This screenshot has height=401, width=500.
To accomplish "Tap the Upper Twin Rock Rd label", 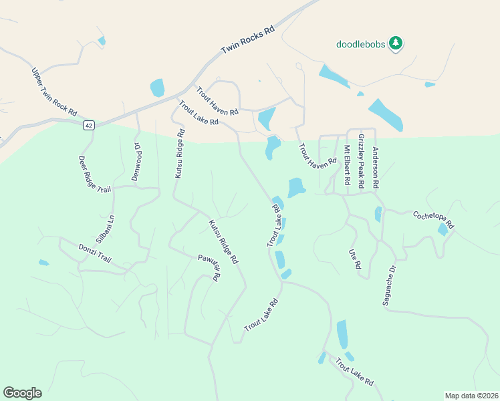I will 54,92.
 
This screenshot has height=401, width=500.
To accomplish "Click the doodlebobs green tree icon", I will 396,43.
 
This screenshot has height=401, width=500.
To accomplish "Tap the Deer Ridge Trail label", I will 94,174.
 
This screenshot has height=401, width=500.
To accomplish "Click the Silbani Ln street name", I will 106,228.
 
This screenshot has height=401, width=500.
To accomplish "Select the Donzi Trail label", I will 94,253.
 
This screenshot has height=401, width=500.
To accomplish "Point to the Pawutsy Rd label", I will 209,269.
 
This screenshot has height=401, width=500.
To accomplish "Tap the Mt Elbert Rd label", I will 347,166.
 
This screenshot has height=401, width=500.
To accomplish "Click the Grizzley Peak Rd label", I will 361,160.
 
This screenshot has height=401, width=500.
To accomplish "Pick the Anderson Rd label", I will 376,167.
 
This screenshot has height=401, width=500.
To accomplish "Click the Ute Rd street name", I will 354,259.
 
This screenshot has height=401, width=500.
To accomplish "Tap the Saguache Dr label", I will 390,285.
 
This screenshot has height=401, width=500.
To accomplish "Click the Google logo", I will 22,393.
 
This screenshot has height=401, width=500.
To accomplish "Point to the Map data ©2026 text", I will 471,396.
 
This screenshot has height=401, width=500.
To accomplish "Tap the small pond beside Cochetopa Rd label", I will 443,230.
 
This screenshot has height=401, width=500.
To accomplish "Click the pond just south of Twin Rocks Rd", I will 157,88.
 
